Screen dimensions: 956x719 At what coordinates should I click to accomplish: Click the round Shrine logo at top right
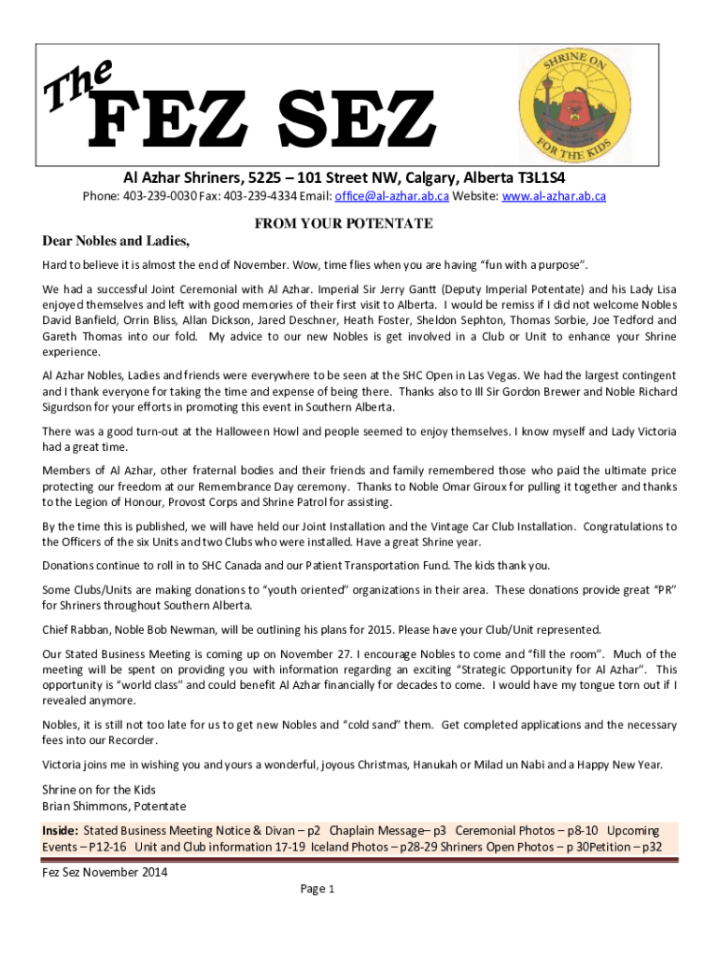point(576,104)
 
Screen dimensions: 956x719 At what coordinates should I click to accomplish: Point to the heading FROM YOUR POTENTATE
point(344,224)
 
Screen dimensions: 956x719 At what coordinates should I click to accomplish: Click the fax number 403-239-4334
point(258,196)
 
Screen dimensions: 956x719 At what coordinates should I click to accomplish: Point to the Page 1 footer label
point(317,889)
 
